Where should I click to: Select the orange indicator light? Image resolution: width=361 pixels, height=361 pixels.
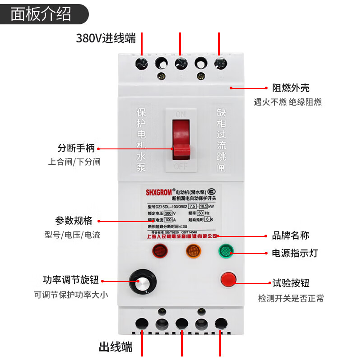(x=193, y=250)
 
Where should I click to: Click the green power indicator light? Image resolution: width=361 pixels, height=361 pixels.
(x=226, y=250)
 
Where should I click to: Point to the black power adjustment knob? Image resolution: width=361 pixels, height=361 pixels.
(x=142, y=282)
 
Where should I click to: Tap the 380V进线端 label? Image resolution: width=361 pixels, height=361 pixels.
(x=106, y=39)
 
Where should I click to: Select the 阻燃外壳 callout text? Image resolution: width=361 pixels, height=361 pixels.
(x=291, y=88)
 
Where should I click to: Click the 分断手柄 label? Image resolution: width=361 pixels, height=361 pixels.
(x=76, y=148)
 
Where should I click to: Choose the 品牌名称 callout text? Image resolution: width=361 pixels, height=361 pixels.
(x=291, y=235)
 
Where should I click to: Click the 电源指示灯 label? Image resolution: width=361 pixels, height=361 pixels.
(x=295, y=253)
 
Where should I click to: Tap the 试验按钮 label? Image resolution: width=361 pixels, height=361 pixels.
(x=291, y=283)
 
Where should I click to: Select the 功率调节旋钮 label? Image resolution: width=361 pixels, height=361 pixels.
(x=70, y=280)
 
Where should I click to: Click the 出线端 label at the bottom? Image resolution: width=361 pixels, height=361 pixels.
(x=116, y=347)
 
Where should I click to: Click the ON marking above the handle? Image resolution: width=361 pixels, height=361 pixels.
(x=181, y=114)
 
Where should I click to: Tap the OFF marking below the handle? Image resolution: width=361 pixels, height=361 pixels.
(x=181, y=166)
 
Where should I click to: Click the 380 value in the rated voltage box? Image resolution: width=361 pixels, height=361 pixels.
(x=168, y=213)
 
